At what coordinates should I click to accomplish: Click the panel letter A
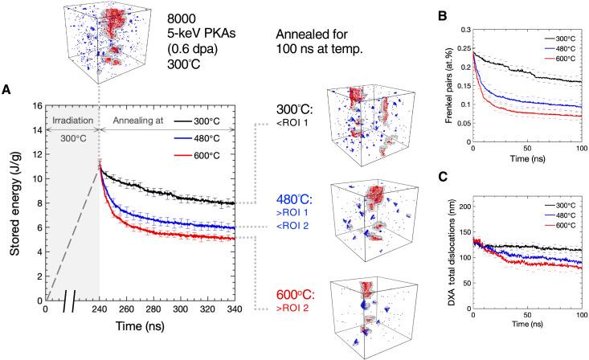[6, 90]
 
